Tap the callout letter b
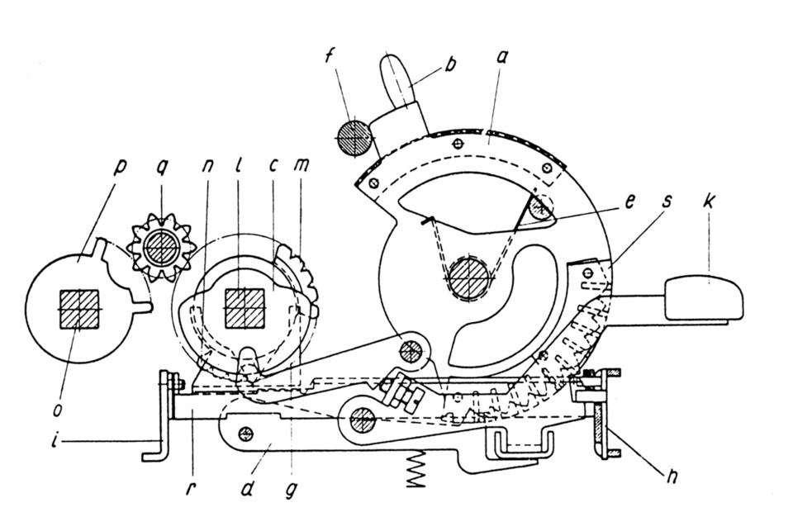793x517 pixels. coord(449,64)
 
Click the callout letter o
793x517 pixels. coord(57,409)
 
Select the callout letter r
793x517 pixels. coord(189,489)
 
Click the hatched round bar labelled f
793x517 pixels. coord(354,137)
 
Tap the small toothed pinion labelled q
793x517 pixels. coord(161,248)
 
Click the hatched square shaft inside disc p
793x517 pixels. coord(79,309)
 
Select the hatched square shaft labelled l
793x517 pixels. coord(244,309)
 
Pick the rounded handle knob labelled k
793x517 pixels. coord(704,298)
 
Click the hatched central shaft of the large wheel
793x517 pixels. coord(469,279)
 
